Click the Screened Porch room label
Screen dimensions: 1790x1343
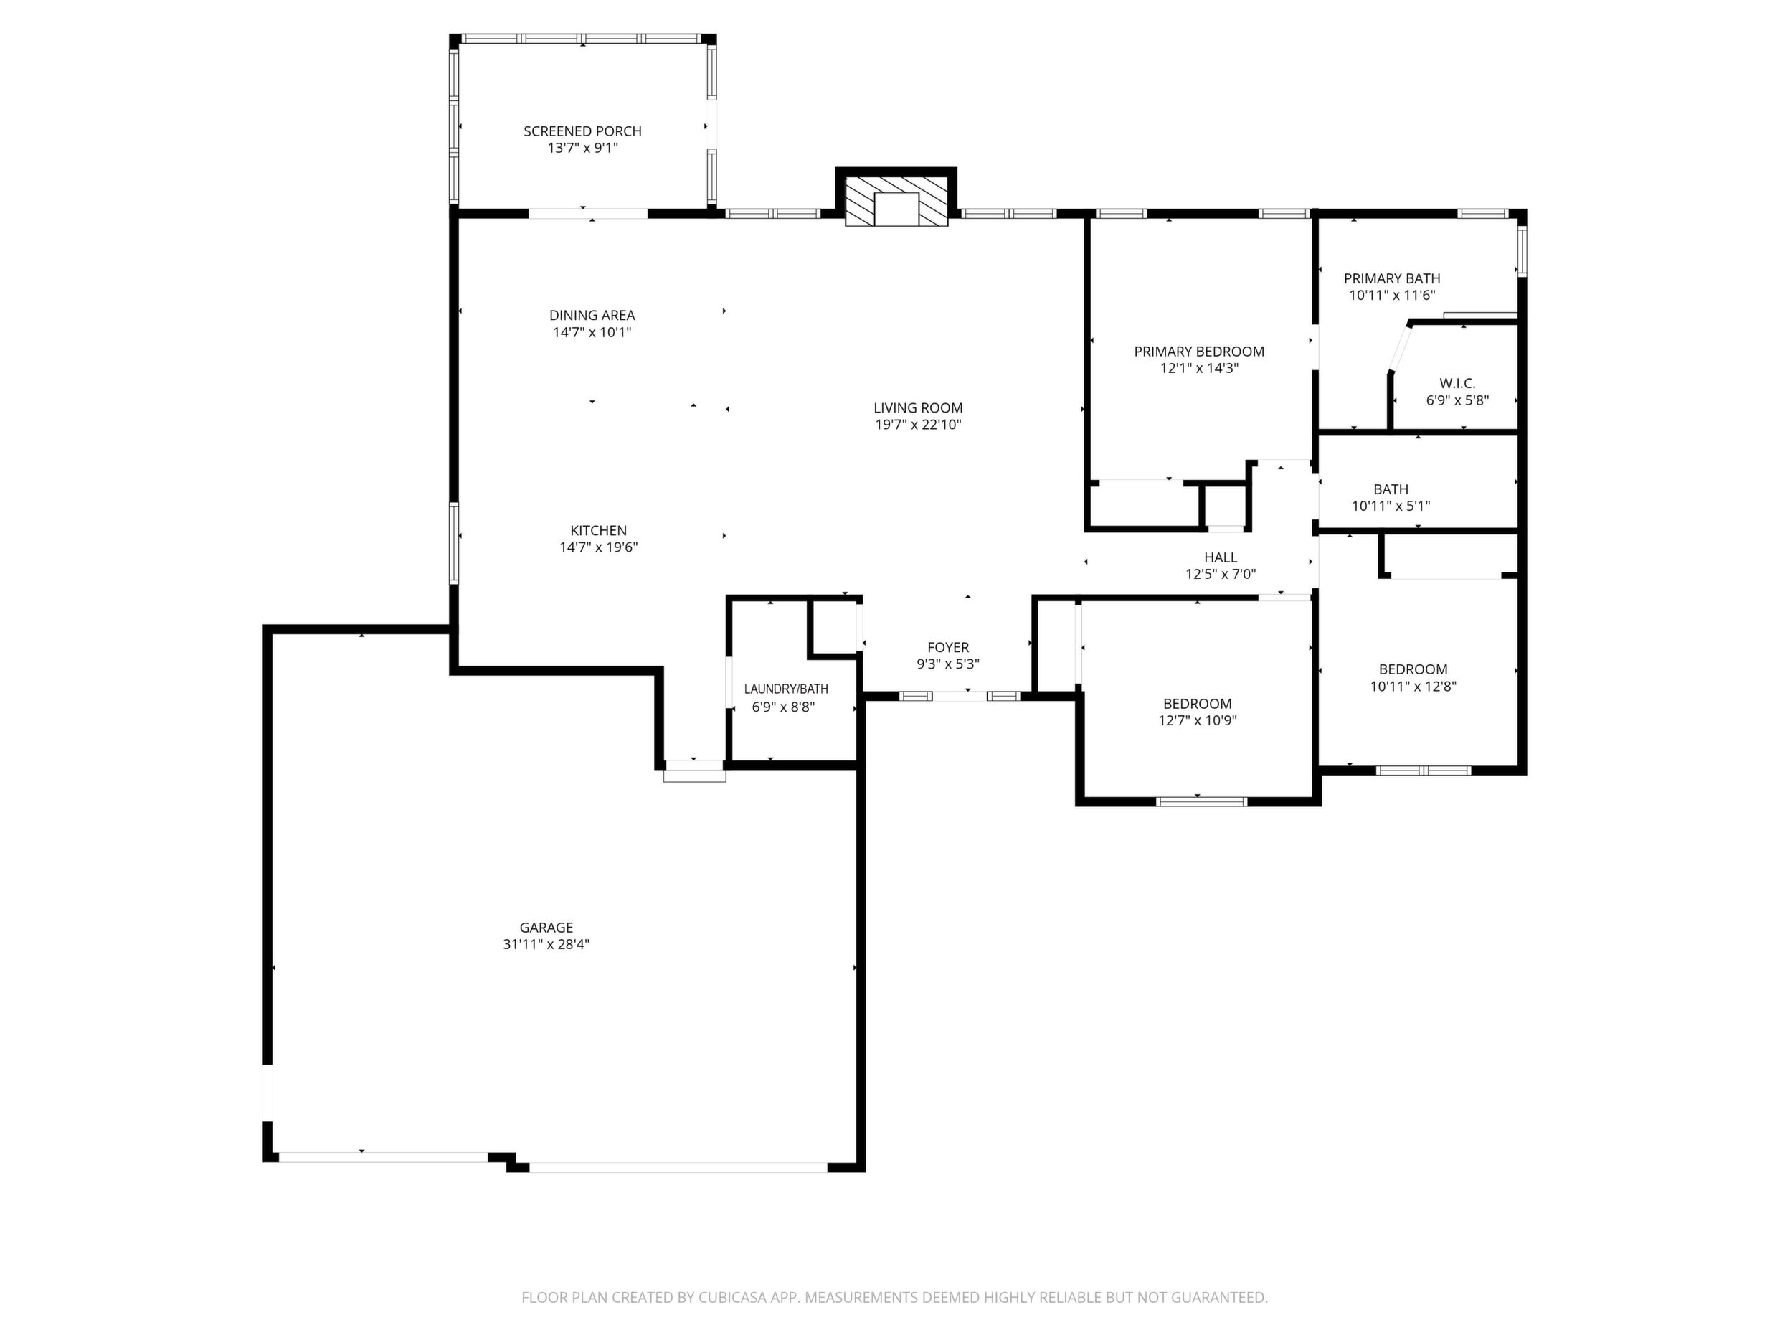pos(582,131)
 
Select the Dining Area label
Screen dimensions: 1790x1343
pos(592,315)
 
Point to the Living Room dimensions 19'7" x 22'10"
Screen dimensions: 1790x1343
pos(919,424)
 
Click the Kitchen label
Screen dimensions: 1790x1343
pos(599,530)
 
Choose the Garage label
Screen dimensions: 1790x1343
pos(546,927)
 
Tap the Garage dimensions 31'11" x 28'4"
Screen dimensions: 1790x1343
pos(546,944)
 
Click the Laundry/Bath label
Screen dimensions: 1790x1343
pos(787,689)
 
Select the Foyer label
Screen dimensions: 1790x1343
pos(948,647)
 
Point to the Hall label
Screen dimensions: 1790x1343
pos(1221,557)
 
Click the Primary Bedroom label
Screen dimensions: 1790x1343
pos(1199,352)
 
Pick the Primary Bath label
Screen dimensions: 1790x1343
pos(1393,278)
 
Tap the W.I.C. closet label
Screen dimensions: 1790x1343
pos(1457,383)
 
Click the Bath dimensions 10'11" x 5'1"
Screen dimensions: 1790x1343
pos(1391,506)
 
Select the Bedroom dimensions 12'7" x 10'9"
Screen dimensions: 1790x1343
pos(1198,720)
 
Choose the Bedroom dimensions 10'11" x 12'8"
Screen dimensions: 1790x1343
pos(1413,687)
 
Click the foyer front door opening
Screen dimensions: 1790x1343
pos(960,695)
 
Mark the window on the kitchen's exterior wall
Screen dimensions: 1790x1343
pos(454,543)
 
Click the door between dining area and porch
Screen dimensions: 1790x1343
pos(588,214)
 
